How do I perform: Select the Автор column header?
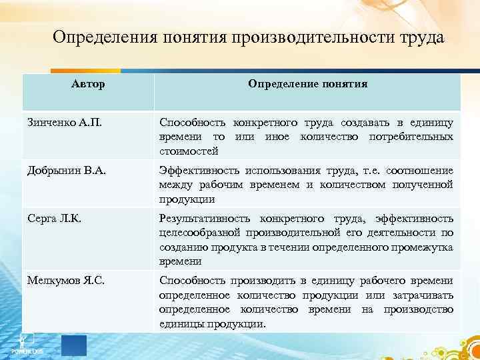(x=88, y=85)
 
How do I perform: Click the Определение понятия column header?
(x=307, y=85)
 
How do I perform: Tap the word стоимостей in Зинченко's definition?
(x=184, y=151)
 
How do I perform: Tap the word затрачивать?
(x=421, y=295)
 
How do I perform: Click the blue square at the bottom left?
(x=73, y=345)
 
